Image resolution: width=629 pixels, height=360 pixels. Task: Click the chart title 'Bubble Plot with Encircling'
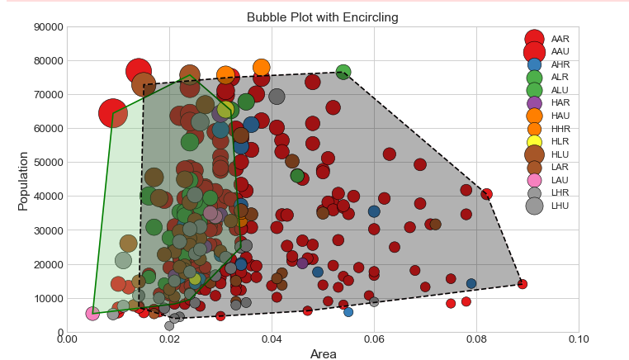click(322, 17)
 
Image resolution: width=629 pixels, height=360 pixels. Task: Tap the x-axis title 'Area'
click(323, 354)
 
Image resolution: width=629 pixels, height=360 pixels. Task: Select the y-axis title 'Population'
click(23, 180)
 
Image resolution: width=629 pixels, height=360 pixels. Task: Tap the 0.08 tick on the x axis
click(476, 339)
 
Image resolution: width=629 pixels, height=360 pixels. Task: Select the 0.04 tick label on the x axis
click(272, 339)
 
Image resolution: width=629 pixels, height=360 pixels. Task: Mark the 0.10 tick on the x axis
click(579, 339)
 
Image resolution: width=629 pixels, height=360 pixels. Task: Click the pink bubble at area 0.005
click(92, 314)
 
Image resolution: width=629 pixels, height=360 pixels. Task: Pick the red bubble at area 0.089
click(522, 284)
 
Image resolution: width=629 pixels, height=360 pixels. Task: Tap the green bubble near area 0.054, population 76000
click(343, 72)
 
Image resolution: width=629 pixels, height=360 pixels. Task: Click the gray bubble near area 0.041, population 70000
click(277, 97)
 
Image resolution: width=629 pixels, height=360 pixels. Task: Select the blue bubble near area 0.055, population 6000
click(348, 312)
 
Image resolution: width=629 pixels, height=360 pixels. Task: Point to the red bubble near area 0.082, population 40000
click(487, 195)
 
